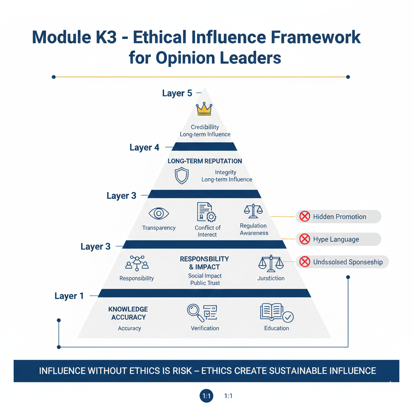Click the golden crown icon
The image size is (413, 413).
(x=204, y=108)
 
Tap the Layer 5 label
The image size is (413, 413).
(x=177, y=93)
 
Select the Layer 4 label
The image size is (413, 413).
(x=144, y=147)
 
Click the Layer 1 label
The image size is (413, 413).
(x=69, y=296)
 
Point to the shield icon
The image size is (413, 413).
(x=181, y=176)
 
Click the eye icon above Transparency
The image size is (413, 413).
(x=159, y=213)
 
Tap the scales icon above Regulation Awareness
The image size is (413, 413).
(x=253, y=211)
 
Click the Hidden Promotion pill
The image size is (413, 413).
(x=338, y=217)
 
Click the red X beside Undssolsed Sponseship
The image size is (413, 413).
(x=305, y=262)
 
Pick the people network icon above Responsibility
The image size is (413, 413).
(x=137, y=263)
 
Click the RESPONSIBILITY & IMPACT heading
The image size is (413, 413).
(x=204, y=263)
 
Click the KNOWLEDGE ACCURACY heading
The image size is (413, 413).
(x=128, y=313)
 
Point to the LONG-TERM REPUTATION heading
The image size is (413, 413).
(x=205, y=161)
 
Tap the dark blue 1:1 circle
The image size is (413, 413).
(x=207, y=396)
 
